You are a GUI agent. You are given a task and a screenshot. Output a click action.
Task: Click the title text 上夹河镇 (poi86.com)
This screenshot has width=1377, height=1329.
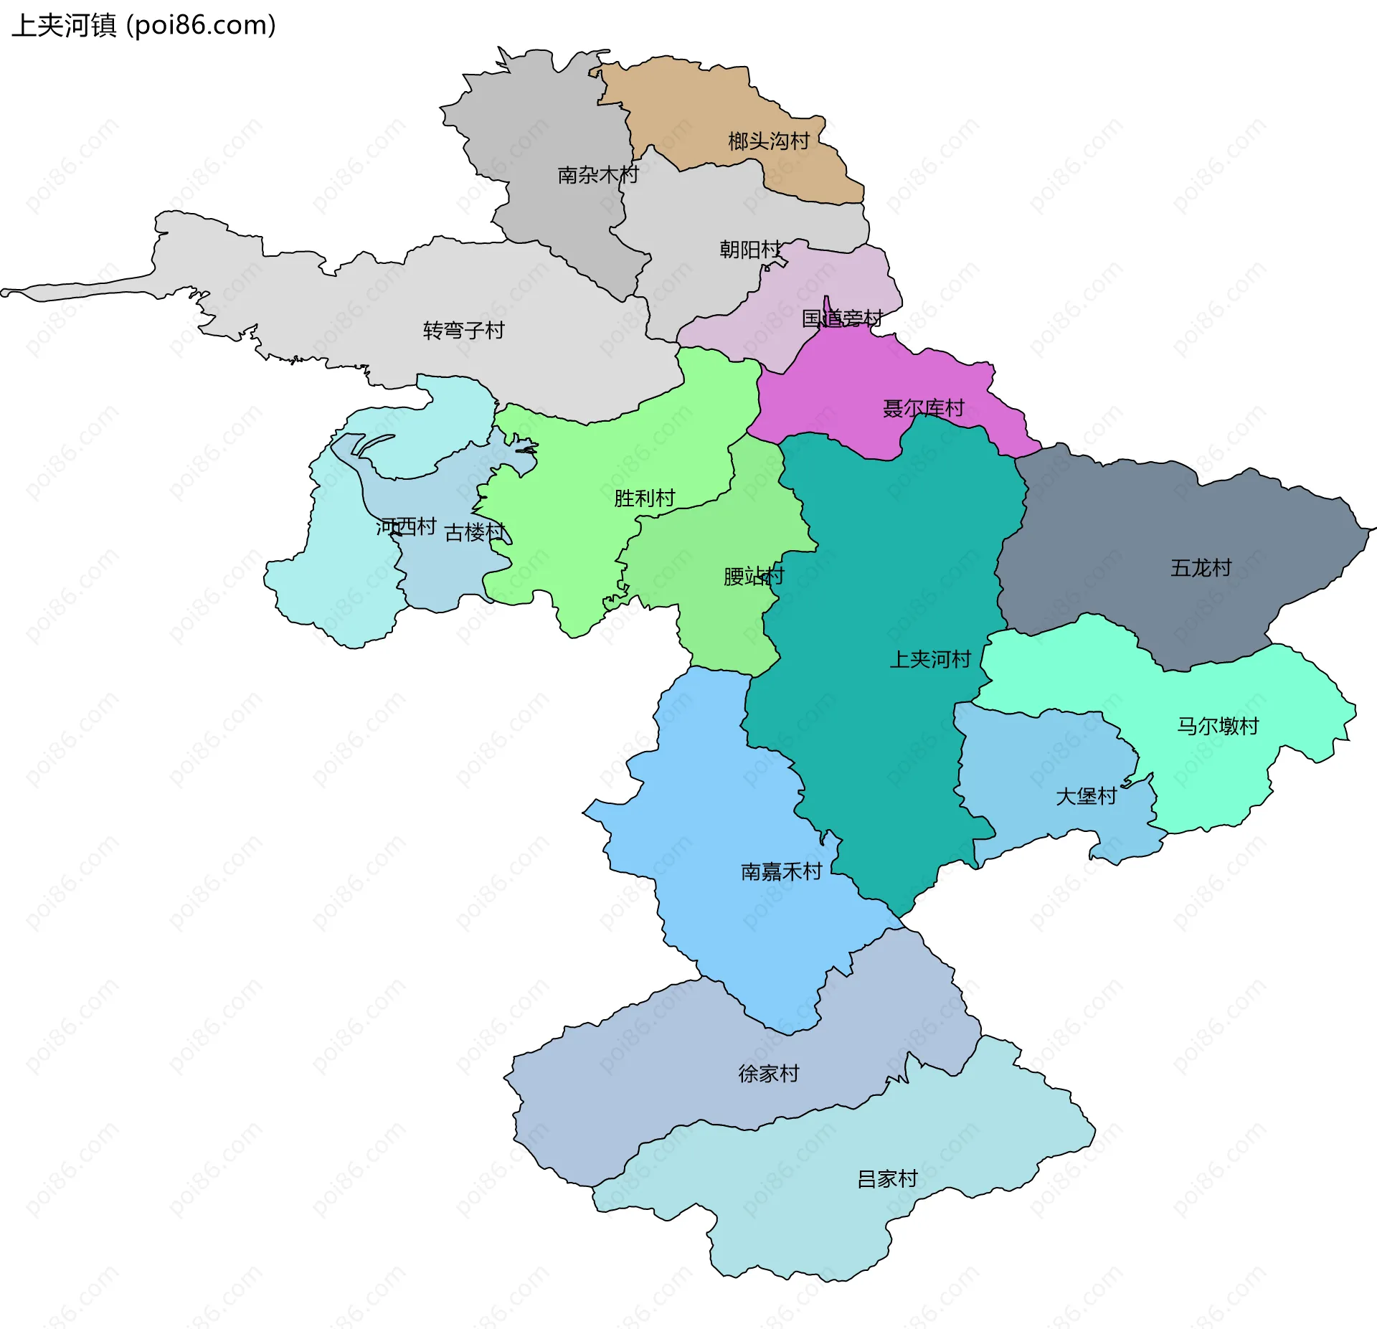143,26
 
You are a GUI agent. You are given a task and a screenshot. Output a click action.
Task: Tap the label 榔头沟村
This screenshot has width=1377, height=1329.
768,141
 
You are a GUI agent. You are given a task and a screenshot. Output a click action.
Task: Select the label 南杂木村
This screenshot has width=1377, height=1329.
597,175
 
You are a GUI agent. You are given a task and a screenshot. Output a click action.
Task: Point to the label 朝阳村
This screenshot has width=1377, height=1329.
750,250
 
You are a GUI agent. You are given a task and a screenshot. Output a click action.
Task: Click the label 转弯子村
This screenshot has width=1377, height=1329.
463,331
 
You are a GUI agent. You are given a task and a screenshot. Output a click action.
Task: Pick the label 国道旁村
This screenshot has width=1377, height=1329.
841,318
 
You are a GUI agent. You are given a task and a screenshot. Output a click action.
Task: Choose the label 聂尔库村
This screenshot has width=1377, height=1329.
923,409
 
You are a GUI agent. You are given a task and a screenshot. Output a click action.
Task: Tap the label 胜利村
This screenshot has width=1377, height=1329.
644,498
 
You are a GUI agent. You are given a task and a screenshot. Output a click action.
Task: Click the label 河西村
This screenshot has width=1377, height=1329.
406,527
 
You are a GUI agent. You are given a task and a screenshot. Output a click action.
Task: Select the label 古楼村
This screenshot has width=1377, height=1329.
475,533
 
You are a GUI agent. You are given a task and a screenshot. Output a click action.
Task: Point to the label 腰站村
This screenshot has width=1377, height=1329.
753,577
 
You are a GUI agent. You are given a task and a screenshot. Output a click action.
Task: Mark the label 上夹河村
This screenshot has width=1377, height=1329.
929,660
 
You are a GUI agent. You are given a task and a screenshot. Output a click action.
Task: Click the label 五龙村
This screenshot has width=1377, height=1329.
1201,569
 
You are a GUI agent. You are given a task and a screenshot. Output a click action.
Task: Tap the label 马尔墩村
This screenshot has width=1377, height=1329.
1217,727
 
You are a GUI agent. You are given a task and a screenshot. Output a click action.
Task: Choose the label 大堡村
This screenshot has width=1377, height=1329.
1086,797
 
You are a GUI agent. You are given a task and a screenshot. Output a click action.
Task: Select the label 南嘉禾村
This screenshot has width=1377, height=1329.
780,872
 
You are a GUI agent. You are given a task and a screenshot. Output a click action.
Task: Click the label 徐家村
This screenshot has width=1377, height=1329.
768,1074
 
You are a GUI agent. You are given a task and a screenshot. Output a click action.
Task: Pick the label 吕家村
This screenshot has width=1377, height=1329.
887,1179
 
